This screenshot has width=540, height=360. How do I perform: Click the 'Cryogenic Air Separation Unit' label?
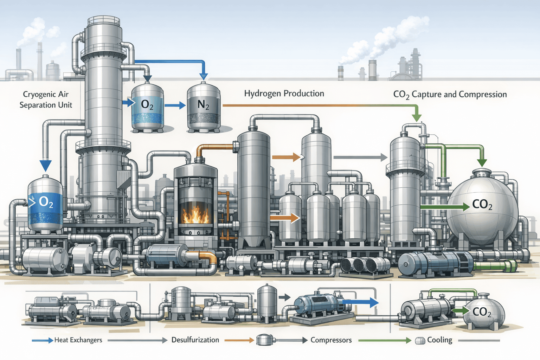coord(46,99)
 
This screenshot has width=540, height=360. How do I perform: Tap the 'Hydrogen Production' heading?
coord(284,94)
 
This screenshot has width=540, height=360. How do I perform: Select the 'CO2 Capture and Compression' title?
coord(450,95)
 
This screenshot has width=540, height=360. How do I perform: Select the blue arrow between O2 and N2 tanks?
coord(175,105)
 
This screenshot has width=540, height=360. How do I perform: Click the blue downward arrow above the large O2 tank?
coord(45,165)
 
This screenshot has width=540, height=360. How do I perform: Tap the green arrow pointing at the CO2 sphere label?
coord(445,207)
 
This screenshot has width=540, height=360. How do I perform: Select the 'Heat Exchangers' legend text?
coord(78,340)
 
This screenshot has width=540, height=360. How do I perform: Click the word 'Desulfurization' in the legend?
coord(195,340)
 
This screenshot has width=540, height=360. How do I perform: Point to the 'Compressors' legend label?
coord(331,340)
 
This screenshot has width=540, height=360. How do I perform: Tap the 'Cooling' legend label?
coord(439,340)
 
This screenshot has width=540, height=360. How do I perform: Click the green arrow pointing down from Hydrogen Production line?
coord(417,116)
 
